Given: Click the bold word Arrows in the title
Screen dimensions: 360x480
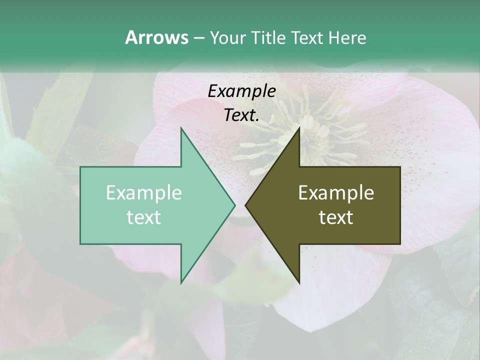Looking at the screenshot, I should [x=156, y=37].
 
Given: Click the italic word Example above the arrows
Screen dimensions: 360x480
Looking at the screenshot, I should [x=241, y=91].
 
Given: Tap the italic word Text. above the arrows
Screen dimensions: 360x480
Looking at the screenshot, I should [x=241, y=115].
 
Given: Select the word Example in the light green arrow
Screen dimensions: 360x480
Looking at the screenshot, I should [x=143, y=192].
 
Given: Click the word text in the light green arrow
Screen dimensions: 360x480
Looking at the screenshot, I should [x=143, y=217].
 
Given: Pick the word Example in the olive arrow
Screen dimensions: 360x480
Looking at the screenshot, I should [x=336, y=192].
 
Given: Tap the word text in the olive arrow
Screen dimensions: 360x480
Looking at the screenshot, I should [x=336, y=217].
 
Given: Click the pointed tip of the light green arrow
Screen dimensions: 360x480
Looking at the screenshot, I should [x=234, y=205].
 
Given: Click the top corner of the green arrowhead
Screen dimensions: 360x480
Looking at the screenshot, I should [x=181, y=128].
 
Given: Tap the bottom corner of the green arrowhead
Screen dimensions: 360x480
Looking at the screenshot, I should [x=181, y=282].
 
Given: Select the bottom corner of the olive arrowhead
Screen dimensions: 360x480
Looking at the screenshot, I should [x=299, y=282].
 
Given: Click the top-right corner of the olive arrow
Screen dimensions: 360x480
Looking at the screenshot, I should [x=400, y=167].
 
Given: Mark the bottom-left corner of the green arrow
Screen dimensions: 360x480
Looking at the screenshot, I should [x=80, y=243].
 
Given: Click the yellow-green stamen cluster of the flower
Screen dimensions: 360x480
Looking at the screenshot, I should [x=310, y=132].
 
